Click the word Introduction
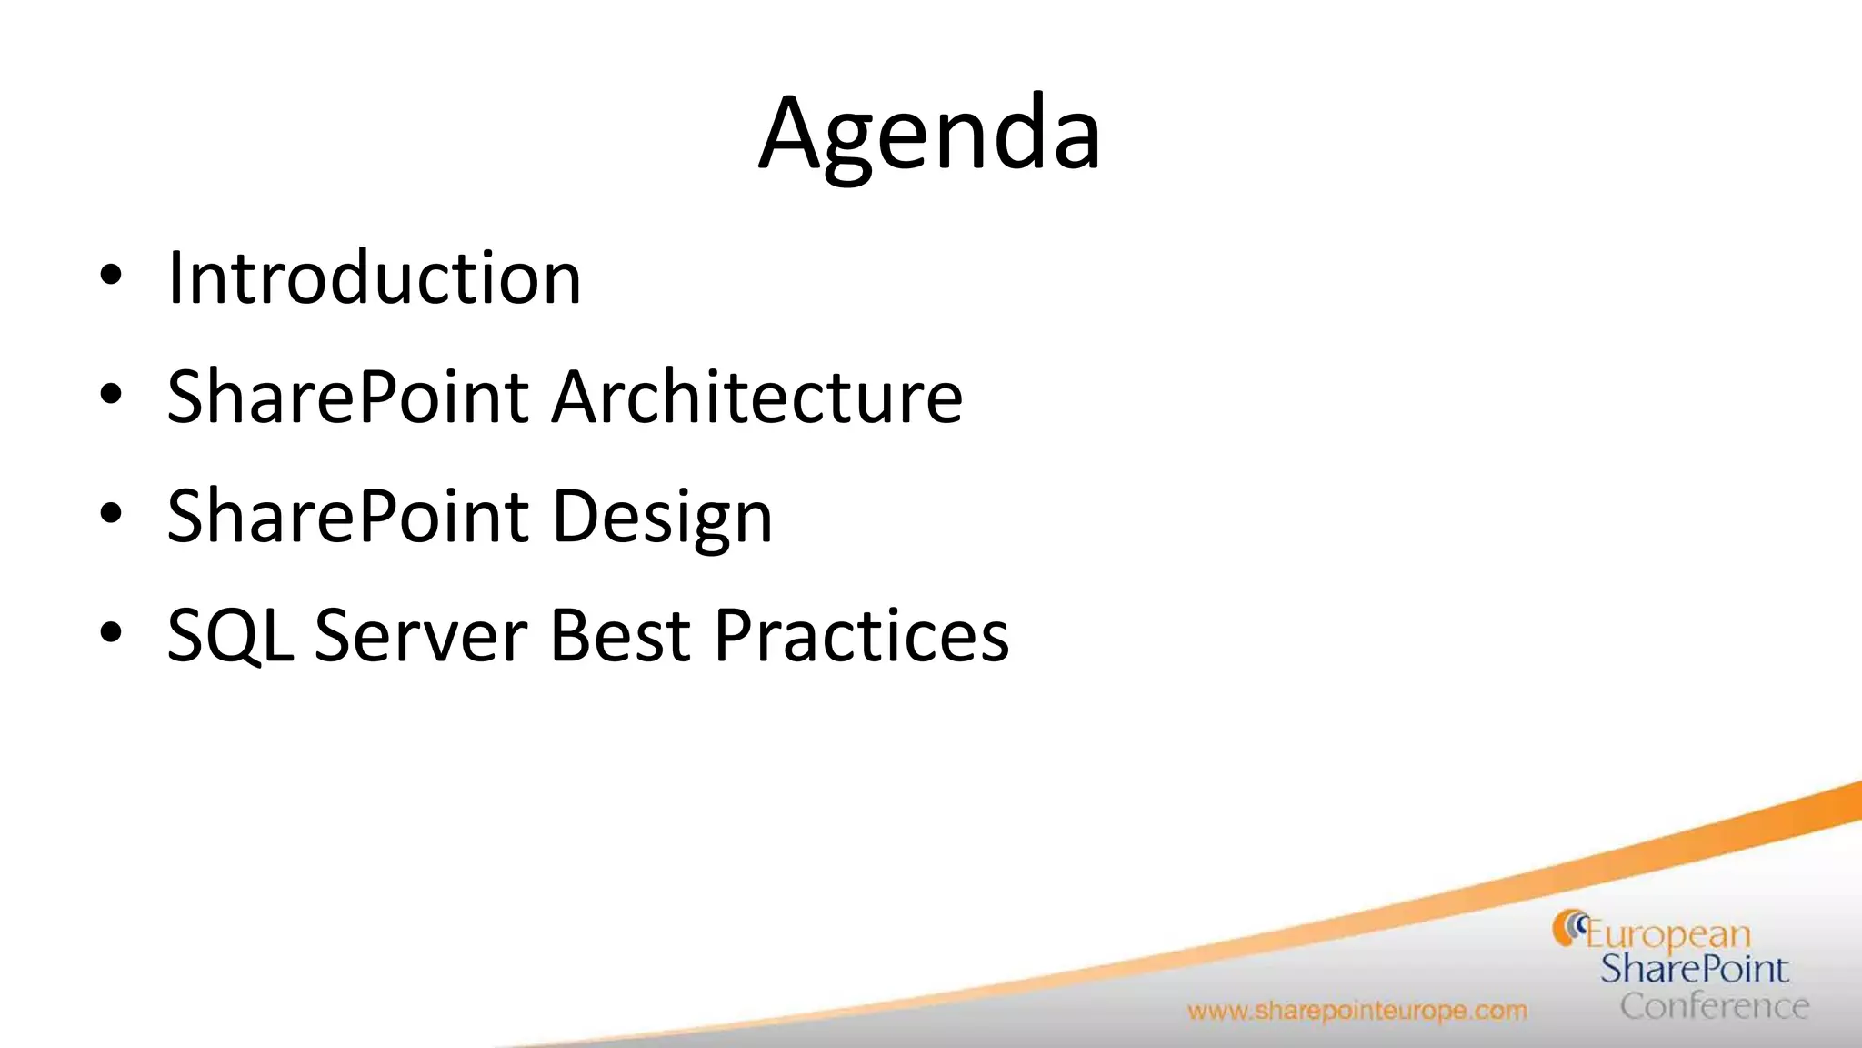coord(374,277)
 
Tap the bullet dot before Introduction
coord(111,276)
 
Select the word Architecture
coord(757,397)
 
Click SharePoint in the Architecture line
coord(348,397)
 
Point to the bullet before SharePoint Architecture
coord(111,395)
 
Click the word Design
coord(662,517)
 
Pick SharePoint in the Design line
coord(348,516)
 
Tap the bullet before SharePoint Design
coord(111,514)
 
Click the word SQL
coord(230,635)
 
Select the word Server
coord(420,635)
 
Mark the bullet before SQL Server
coord(111,633)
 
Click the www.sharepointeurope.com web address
coord(1356,1011)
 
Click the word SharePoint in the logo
coord(1695,970)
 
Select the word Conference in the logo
coord(1714,1006)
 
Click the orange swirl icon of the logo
coord(1567,928)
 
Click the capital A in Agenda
coord(789,135)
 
